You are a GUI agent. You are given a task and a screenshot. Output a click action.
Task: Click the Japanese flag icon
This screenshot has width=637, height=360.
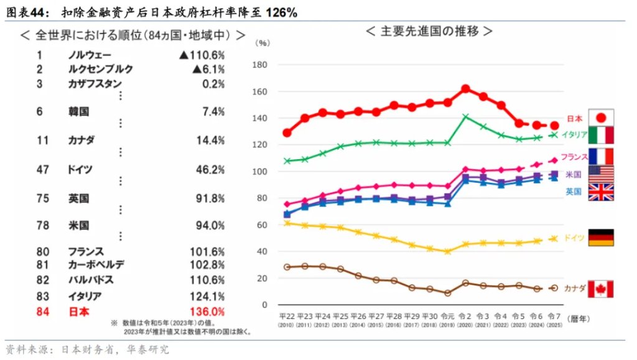click(601, 118)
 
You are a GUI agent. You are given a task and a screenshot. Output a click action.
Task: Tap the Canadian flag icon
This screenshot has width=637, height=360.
click(601, 288)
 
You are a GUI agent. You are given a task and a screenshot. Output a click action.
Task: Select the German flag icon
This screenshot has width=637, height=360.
click(601, 238)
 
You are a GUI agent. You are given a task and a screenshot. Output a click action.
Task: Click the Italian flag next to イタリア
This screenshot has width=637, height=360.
click(601, 135)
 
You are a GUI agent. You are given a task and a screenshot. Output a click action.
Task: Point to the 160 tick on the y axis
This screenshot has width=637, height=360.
click(263, 92)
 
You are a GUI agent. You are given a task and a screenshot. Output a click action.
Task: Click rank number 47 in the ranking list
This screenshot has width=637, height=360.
click(43, 168)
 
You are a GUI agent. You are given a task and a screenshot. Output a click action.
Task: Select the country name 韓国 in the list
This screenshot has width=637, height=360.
click(78, 111)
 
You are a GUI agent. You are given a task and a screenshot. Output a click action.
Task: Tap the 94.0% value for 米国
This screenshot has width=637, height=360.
click(210, 225)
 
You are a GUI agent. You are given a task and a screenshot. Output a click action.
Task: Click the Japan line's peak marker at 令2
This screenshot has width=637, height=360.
click(465, 89)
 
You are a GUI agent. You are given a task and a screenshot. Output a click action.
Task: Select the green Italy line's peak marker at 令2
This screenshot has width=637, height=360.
click(465, 116)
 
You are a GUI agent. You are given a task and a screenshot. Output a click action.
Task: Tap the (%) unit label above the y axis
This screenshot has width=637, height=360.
click(263, 44)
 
